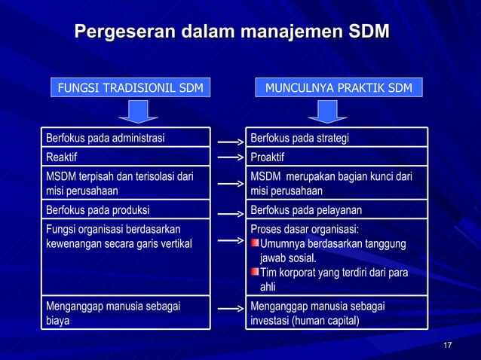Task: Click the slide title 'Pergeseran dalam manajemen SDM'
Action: tap(232, 32)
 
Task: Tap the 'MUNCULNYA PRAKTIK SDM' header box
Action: tap(338, 88)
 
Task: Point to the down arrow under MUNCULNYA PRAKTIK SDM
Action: tap(327, 112)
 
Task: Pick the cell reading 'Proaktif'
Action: tap(338, 157)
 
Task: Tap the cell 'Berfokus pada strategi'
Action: tap(338, 138)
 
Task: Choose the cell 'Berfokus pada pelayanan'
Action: tap(338, 210)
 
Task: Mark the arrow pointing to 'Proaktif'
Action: tap(228, 158)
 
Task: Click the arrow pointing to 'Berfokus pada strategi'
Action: tap(228, 140)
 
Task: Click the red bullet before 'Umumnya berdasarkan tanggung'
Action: tap(255, 243)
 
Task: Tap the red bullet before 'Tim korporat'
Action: tap(255, 272)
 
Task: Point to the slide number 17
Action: tap(448, 345)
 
